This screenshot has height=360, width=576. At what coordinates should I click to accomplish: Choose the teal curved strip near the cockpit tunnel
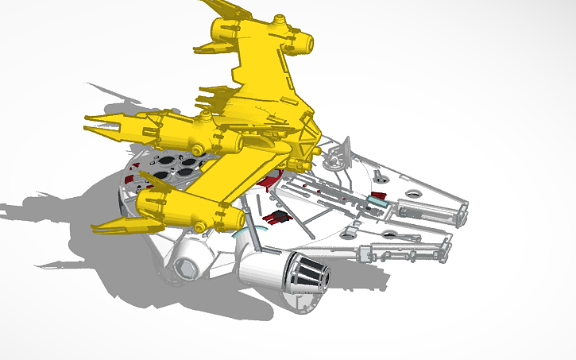point(238,234)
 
